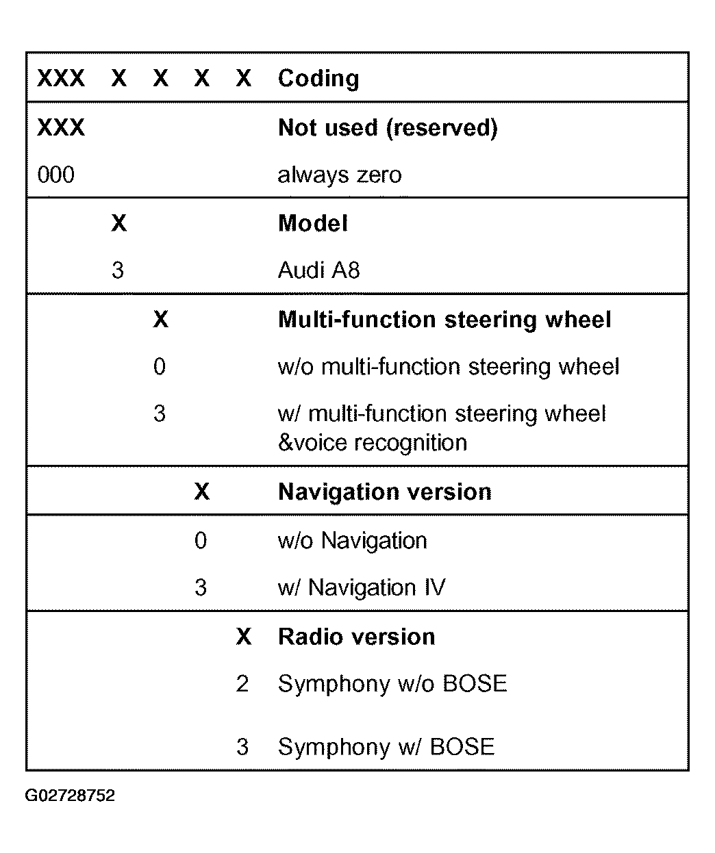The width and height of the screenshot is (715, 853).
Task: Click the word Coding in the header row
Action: (318, 79)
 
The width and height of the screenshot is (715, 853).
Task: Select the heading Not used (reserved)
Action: (387, 128)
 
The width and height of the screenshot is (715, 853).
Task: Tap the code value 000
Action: (55, 175)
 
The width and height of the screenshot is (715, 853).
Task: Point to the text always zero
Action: (339, 175)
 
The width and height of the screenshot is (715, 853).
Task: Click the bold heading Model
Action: (312, 224)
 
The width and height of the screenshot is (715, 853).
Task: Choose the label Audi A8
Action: (318, 271)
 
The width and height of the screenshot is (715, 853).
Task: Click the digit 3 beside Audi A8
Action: (118, 271)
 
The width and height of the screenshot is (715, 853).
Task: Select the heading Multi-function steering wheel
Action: (444, 320)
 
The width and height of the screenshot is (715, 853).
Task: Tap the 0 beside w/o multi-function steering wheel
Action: (159, 368)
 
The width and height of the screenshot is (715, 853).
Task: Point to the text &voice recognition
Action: (372, 443)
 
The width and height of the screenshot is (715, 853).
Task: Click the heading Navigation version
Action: (384, 492)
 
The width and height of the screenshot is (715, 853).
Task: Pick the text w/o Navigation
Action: (352, 541)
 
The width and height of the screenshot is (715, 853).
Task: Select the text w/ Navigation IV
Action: (361, 588)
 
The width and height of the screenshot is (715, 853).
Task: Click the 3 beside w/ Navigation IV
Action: (200, 588)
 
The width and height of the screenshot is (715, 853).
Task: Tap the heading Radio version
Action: (356, 637)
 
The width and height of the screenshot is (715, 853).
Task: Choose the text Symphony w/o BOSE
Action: (392, 684)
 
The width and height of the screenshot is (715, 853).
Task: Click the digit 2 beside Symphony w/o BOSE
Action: (242, 684)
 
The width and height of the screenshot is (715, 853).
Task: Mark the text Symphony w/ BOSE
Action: (386, 747)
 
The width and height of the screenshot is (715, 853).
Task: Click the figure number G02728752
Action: (70, 796)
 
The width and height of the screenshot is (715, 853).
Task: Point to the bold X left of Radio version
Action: (243, 637)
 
